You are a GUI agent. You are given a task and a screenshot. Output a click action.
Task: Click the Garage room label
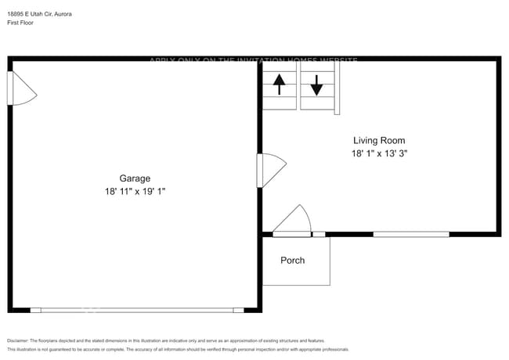135,178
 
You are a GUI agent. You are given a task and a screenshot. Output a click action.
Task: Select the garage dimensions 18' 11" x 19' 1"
135,192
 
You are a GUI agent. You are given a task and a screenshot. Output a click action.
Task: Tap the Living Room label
379,140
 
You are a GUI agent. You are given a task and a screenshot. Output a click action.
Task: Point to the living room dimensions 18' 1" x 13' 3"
379,154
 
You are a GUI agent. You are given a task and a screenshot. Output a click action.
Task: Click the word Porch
293,260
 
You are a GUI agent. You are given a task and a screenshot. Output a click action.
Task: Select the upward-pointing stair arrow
279,84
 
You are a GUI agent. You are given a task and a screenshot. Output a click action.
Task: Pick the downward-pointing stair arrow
316,85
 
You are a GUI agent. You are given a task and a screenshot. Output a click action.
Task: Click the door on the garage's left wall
20,88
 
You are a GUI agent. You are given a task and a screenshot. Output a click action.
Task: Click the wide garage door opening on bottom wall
137,310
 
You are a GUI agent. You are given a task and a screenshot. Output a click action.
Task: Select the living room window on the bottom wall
410,234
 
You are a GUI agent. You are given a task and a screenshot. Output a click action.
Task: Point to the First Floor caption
20,23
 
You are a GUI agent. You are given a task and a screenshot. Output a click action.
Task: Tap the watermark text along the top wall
253,60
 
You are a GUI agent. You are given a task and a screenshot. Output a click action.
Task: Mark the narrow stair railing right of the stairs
337,88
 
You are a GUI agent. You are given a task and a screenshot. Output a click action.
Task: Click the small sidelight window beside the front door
319,234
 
